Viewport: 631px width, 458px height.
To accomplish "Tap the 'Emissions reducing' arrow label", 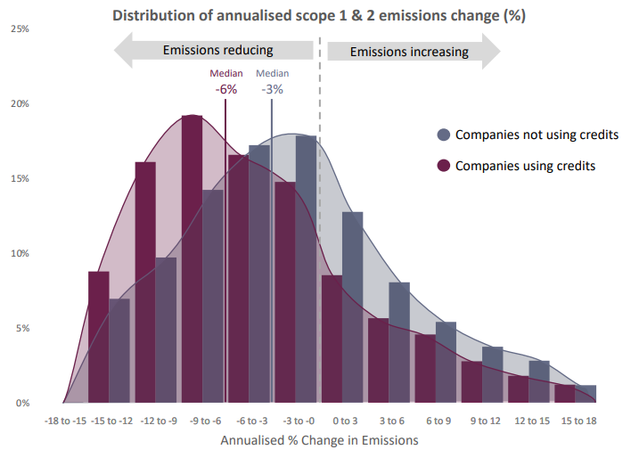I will click(217, 50).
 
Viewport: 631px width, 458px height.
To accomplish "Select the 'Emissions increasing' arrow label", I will click(408, 52).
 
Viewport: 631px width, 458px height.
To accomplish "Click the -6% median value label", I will click(225, 89).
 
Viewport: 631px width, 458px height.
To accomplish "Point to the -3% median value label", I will click(272, 89).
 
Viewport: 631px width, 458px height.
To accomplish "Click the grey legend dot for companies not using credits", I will click(443, 135).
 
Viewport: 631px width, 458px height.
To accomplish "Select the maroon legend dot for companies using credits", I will click(443, 166).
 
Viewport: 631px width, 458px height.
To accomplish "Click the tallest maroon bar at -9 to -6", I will click(192, 258).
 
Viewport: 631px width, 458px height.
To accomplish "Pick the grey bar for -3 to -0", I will click(307, 267).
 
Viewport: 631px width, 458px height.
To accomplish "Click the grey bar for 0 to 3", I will click(353, 303).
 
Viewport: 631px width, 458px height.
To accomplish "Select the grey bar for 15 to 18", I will click(586, 394).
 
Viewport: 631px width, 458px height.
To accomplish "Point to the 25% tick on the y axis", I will click(19, 29).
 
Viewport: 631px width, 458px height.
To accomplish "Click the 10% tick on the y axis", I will click(19, 253).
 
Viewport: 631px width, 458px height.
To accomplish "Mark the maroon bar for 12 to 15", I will click(518, 389).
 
